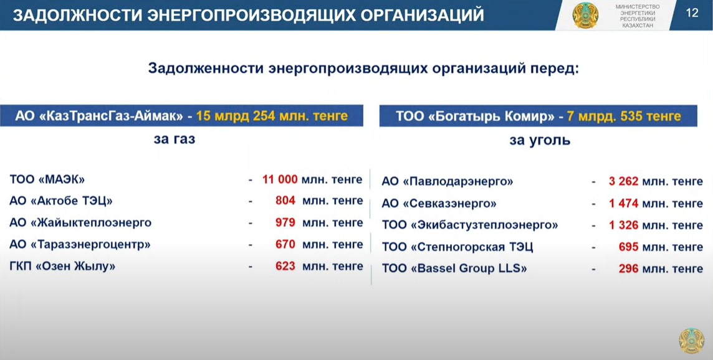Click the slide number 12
coord(692,12)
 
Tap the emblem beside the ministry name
coord(585,15)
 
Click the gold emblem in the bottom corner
coord(692,341)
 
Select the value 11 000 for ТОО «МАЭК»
coord(280,179)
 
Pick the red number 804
coord(285,201)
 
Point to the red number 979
coord(285,223)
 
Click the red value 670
coord(285,245)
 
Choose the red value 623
coord(285,266)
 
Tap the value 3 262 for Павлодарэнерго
coord(624,182)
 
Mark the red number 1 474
coord(624,204)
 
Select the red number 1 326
coord(624,225)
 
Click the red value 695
coord(629,247)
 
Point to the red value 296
coord(629,268)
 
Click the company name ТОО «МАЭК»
coord(47,179)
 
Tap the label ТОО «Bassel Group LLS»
coord(454,268)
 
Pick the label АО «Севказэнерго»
coord(439,204)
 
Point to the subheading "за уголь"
coord(540,141)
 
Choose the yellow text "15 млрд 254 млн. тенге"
coord(272,116)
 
